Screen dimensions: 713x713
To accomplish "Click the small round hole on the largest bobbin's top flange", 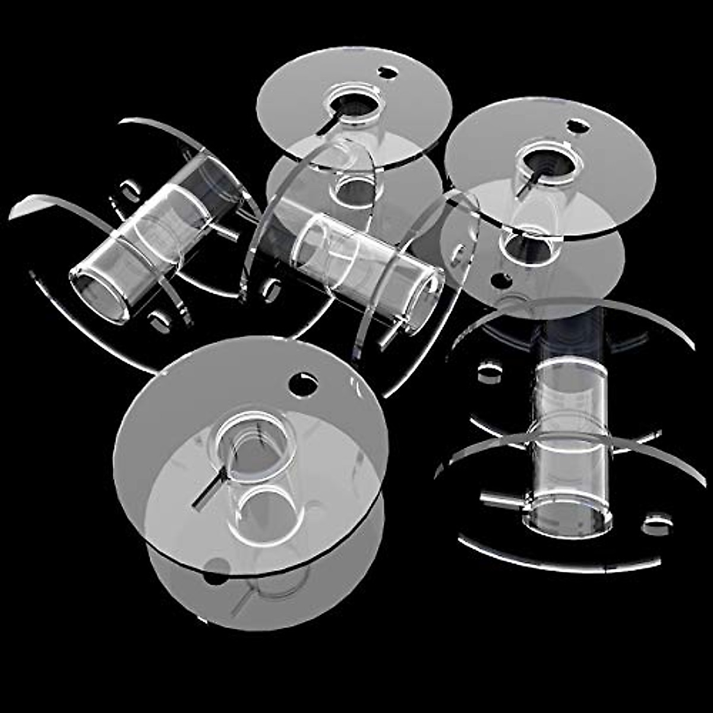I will pos(303,384).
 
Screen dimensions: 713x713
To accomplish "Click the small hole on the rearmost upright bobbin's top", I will pos(387,73).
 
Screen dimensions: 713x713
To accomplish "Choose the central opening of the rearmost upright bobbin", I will pos(355,105).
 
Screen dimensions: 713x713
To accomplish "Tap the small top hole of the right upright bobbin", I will pos(577,126).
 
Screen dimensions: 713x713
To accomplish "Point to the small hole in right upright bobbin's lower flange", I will pos(502,280).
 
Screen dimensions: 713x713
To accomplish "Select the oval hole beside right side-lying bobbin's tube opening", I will pos(657,524).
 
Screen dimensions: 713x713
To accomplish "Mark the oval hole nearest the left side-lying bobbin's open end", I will pos(159,321).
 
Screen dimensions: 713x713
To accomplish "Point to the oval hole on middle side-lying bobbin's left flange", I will pos(272,290).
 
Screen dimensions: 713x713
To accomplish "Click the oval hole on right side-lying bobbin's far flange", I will pos(490,373).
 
